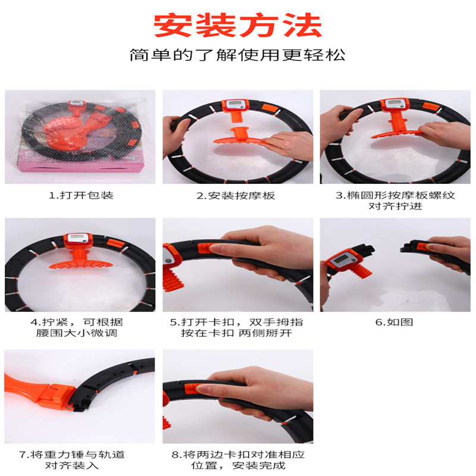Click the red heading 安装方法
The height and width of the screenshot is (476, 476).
pos(237,25)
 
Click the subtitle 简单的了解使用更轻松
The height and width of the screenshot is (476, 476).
pos(237,55)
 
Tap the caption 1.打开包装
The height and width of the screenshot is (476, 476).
pos(81,195)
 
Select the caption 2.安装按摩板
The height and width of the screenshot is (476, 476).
pos(236,196)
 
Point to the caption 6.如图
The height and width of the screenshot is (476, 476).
pos(394,322)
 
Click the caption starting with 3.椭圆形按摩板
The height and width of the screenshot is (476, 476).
pos(395,201)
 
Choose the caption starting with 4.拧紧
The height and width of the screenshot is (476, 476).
pos(77,328)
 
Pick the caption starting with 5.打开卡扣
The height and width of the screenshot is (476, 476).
pos(236,328)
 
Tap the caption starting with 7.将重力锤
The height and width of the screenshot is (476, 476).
pos(72,460)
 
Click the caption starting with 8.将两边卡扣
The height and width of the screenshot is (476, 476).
pos(238,460)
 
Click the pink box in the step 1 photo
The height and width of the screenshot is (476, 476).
pos(82,164)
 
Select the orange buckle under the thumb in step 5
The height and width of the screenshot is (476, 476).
pos(207,248)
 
